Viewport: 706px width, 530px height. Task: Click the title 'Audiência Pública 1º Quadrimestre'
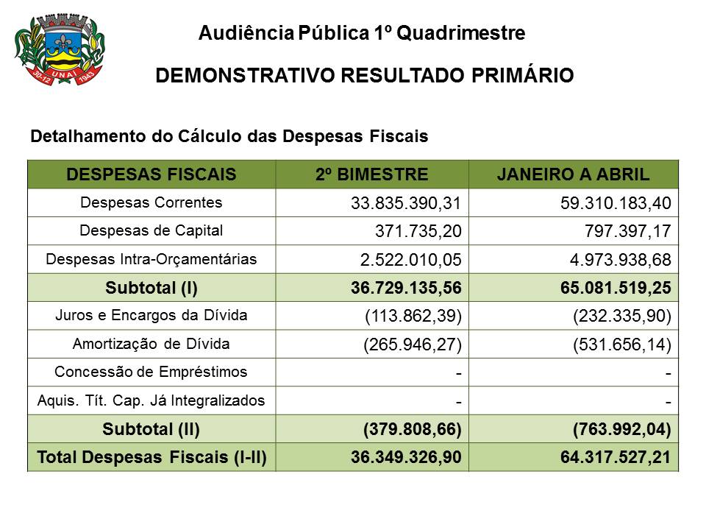pos(362,33)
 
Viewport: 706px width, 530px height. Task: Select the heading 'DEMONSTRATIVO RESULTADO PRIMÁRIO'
pos(365,76)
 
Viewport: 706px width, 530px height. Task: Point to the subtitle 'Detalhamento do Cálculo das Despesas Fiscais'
pos(229,137)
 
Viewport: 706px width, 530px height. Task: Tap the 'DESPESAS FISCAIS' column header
pos(151,174)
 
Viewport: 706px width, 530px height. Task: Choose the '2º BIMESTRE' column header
pos(371,174)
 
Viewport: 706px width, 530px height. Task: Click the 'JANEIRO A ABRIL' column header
pos(573,174)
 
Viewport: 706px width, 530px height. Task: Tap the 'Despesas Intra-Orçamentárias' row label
pos(151,259)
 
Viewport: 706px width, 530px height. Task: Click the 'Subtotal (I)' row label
pos(151,288)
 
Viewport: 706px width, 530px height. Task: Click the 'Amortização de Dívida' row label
pos(151,344)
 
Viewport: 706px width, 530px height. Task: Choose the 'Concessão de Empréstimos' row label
pos(151,372)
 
